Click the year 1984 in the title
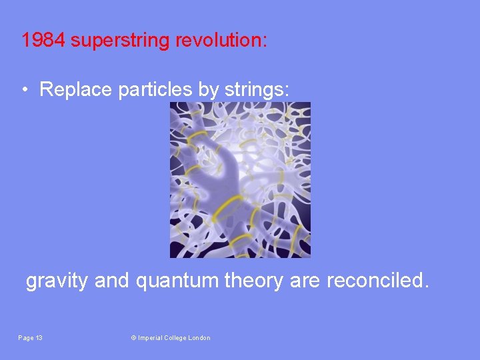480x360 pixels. pos(43,41)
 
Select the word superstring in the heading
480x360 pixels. pos(121,41)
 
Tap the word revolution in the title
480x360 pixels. pos(221,41)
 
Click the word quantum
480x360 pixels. pos(177,281)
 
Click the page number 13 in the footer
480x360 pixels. pos(39,338)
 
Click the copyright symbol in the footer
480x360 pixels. pos(133,338)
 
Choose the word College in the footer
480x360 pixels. pos(177,338)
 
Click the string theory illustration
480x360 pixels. pos(240,179)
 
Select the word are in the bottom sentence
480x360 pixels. pos(305,281)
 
